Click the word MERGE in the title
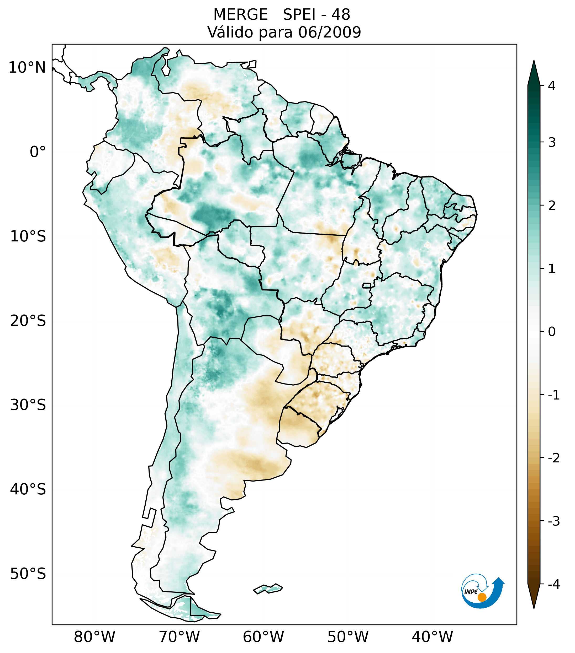coord(240,15)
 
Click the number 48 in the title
coord(341,15)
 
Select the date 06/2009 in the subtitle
coord(329,32)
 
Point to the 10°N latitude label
coord(27,68)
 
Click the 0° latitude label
coord(38,152)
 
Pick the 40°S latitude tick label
coord(28,489)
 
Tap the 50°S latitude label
coord(28,574)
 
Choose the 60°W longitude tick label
coord(263,637)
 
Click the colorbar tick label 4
coord(551,86)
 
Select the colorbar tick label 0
coord(551,332)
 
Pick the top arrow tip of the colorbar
coord(534,61)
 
